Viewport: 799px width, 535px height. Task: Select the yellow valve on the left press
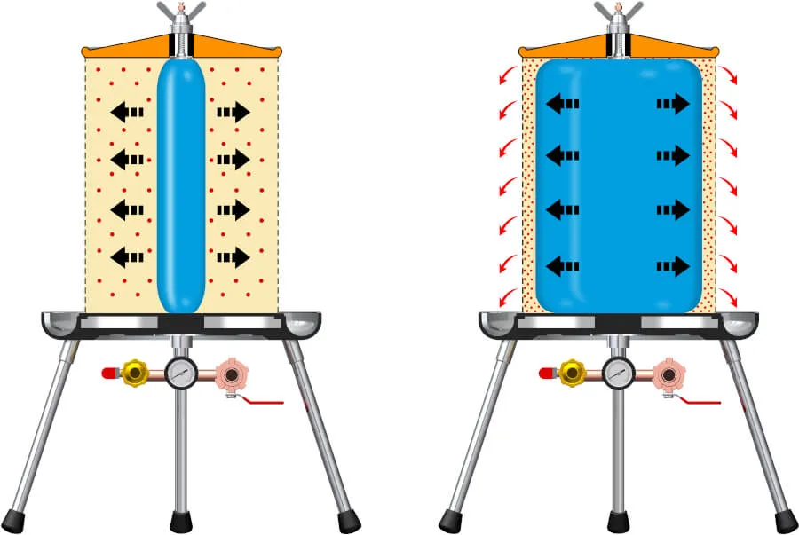point(135,374)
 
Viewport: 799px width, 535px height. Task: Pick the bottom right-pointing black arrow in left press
point(233,257)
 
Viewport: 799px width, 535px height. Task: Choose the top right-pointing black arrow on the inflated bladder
point(673,104)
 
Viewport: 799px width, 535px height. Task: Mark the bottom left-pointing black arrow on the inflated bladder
point(562,265)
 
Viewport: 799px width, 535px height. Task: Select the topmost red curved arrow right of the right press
point(727,75)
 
